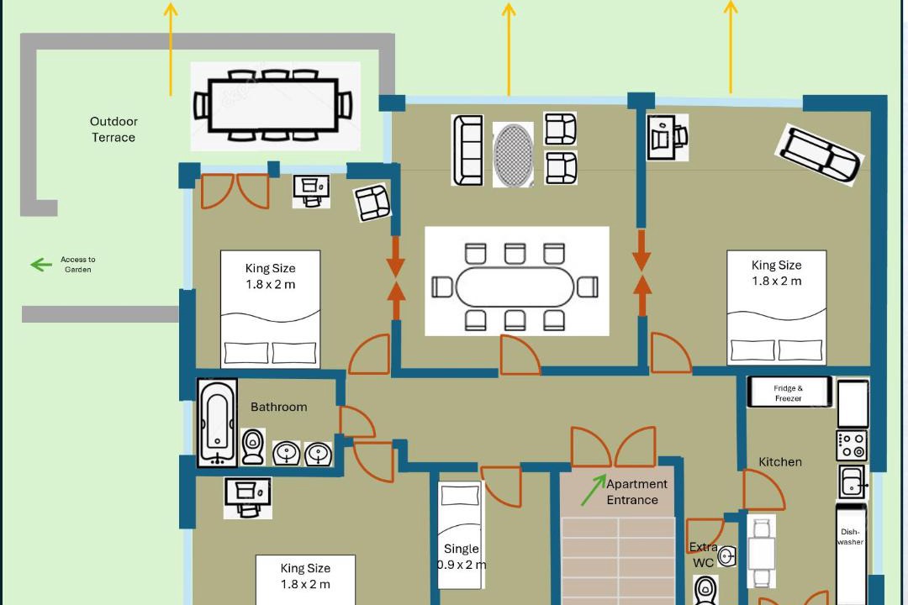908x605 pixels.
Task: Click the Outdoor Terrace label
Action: tap(113, 129)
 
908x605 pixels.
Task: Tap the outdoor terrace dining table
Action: tap(273, 105)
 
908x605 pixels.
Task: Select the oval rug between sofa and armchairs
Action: tap(513, 154)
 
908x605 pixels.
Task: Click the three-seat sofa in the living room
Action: tap(467, 150)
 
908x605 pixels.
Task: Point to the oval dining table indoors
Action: tap(515, 287)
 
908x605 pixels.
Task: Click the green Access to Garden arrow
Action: tap(41, 265)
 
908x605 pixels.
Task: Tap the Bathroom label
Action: tap(278, 407)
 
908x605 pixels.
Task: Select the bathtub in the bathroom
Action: tap(217, 422)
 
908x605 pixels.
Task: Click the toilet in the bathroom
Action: tap(252, 446)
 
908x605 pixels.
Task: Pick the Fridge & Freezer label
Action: tap(788, 393)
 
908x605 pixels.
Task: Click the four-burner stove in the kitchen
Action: tap(852, 445)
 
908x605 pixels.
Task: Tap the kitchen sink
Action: tap(853, 482)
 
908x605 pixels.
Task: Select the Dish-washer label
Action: tap(850, 537)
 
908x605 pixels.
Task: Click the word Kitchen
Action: tap(780, 462)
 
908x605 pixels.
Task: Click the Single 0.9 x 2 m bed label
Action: tap(461, 556)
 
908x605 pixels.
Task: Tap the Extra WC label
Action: tap(703, 555)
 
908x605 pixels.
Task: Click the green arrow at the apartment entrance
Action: tap(594, 490)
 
